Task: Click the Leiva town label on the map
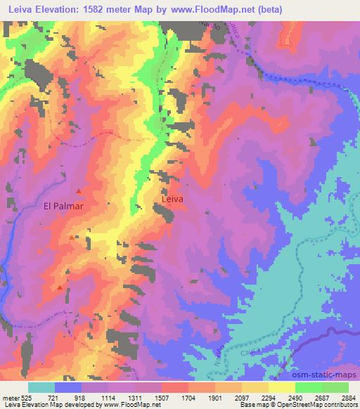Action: click(172, 199)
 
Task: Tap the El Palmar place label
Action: click(64, 207)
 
